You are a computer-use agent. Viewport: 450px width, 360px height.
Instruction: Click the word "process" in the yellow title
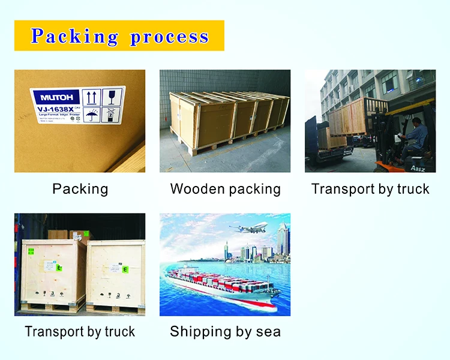[x=169, y=37]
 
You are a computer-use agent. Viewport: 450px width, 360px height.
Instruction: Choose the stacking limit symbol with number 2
[x=112, y=114]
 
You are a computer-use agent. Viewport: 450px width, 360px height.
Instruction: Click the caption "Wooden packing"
[x=225, y=190]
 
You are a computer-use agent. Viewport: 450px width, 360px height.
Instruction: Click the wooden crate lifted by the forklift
[x=348, y=116]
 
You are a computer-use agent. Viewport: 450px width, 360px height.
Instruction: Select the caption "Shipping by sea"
[x=225, y=332]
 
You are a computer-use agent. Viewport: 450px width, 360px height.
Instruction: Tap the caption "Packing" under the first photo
[x=80, y=190]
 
